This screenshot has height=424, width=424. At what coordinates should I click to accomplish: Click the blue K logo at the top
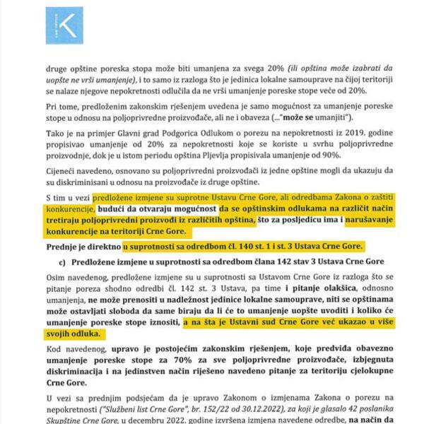click(x=64, y=26)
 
